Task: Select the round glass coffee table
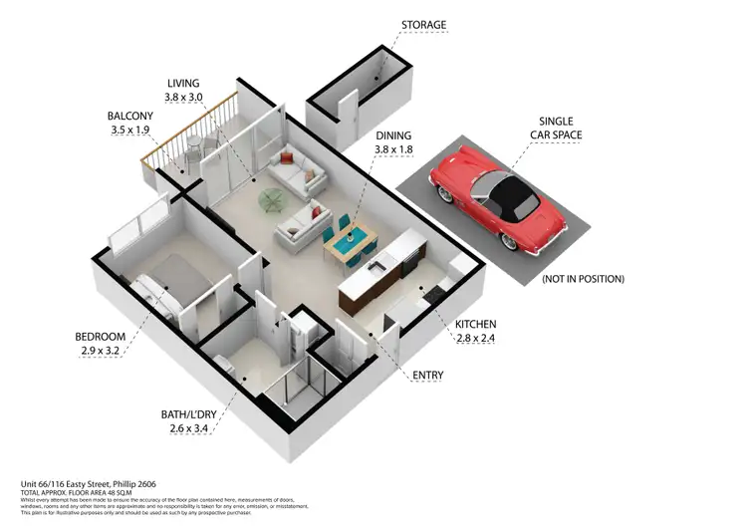pyautogui.click(x=271, y=200)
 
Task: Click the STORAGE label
pyautogui.click(x=423, y=25)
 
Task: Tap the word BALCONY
pyautogui.click(x=129, y=116)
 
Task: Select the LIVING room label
pyautogui.click(x=184, y=84)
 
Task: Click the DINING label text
pyautogui.click(x=394, y=134)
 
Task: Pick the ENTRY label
pyautogui.click(x=428, y=376)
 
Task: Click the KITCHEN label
pyautogui.click(x=475, y=325)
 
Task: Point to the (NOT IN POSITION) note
pyautogui.click(x=583, y=279)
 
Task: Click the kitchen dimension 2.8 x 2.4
pyautogui.click(x=475, y=340)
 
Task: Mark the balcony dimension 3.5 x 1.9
pyautogui.click(x=130, y=130)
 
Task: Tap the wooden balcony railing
pyautogui.click(x=189, y=130)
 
